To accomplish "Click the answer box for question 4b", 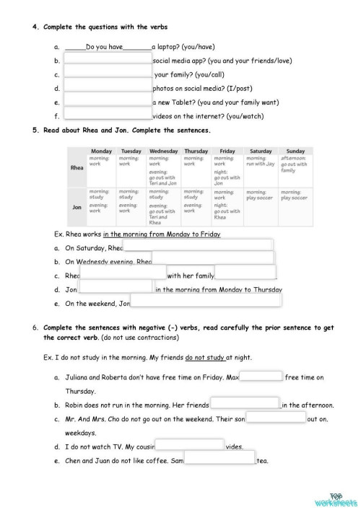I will click(108, 61).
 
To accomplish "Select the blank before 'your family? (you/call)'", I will click(108, 74).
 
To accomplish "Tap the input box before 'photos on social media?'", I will click(108, 88).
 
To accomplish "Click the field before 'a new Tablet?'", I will click(108, 102).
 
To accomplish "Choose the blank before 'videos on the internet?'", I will click(108, 115).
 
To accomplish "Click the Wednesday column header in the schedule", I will click(162, 151).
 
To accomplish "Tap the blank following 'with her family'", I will click(245, 275).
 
